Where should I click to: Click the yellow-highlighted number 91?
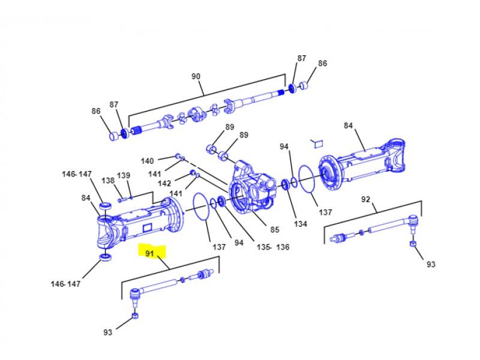149,253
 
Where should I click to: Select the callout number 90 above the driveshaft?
196,76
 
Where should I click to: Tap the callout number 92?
365,199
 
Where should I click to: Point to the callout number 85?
275,229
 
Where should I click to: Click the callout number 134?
301,224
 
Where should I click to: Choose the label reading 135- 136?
273,247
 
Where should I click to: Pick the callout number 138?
108,181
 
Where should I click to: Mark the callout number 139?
124,175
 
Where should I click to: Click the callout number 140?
147,161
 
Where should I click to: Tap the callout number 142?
164,183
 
